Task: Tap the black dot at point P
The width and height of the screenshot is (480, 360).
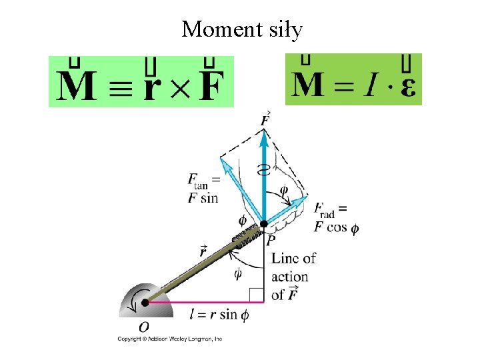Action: (x=265, y=223)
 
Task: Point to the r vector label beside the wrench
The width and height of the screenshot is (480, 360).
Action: (x=202, y=251)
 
